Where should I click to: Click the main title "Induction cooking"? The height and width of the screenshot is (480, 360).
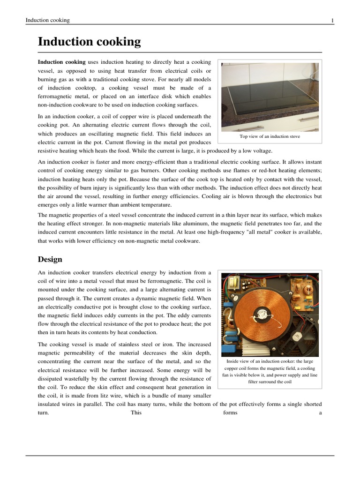point(89,42)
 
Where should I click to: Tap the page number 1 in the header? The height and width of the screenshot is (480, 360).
point(332,20)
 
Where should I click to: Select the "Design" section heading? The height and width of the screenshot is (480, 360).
point(50,259)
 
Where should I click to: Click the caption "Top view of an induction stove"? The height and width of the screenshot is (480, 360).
point(270,136)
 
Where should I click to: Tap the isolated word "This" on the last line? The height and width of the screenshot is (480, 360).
point(136,412)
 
